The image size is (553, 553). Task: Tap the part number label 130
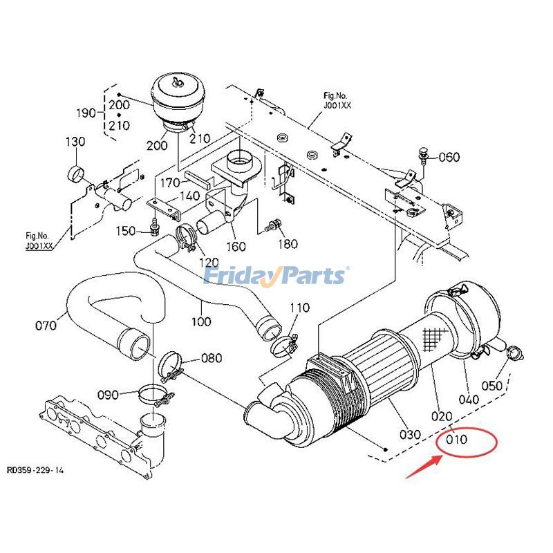coord(75,142)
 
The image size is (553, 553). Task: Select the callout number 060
coord(448,157)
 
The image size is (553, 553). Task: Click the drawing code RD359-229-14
coord(35,470)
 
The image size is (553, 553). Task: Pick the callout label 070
coord(46,324)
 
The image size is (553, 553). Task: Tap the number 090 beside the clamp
coord(108,395)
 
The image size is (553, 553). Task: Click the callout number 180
coord(287,243)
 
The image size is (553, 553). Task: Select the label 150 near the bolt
coord(126,230)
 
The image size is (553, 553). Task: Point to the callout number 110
coord(299,308)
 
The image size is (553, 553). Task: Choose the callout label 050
coord(492,386)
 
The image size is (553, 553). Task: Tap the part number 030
coord(410,434)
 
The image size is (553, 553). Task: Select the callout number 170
coord(169,182)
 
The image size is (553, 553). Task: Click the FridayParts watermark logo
coord(276,276)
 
